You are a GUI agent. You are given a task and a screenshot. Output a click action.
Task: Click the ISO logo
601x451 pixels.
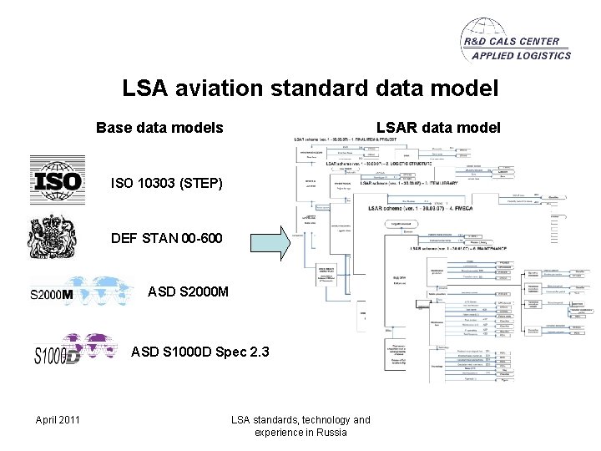(57, 180)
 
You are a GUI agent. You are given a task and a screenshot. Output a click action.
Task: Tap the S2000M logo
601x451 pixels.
(81, 292)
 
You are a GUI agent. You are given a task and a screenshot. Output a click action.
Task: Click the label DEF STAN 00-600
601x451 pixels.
(167, 239)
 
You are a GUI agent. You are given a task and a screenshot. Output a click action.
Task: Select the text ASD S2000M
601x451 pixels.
(185, 293)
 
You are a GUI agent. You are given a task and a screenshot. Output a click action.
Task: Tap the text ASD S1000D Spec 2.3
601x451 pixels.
(200, 352)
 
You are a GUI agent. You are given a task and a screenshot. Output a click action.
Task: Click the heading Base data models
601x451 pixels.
(159, 128)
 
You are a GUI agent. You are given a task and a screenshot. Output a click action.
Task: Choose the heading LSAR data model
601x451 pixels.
(438, 128)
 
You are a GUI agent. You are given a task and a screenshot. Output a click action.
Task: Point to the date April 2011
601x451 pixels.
(58, 419)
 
